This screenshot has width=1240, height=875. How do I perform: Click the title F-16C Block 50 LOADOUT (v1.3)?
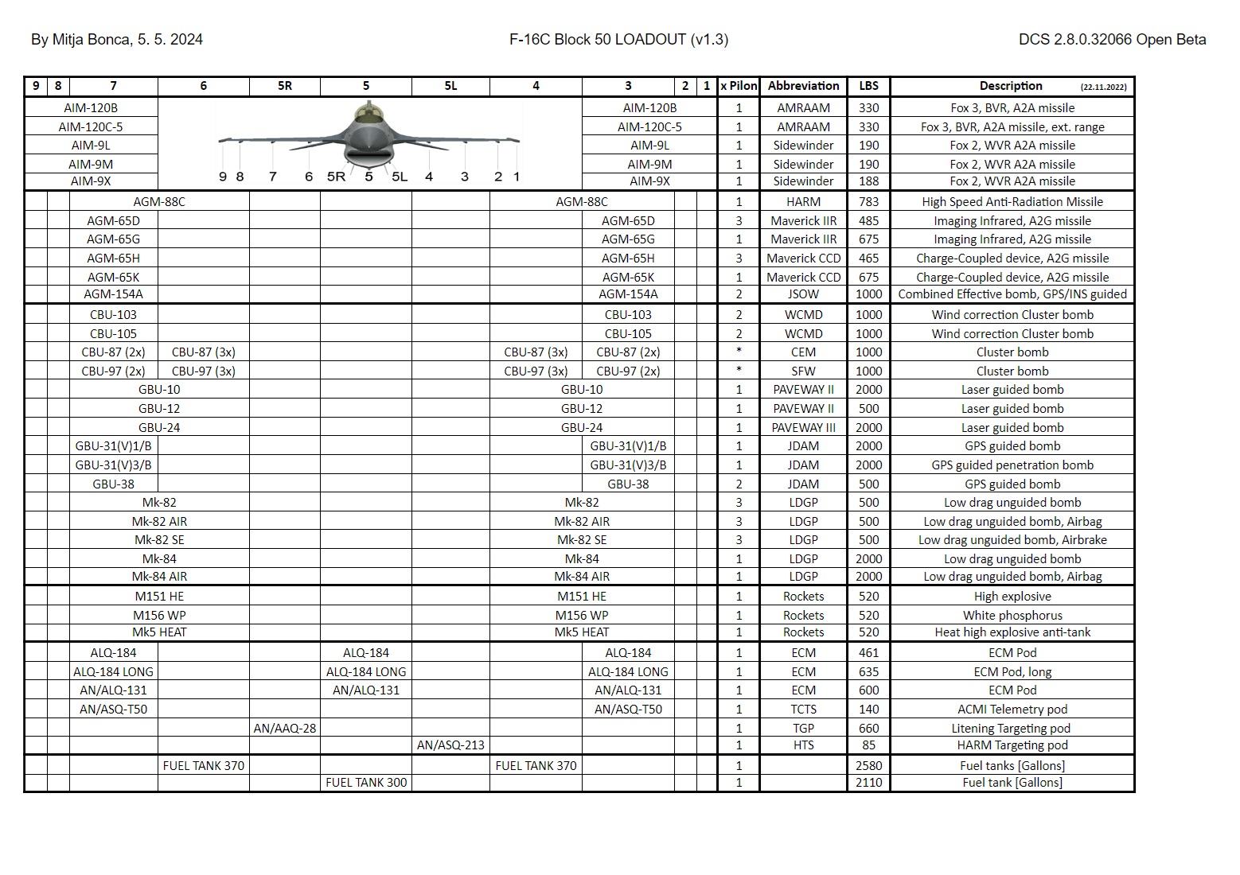(618, 39)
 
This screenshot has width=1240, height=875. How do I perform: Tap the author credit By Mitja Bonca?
(116, 39)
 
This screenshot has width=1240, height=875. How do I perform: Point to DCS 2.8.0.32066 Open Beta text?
(1112, 39)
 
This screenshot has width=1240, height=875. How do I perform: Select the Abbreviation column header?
(803, 86)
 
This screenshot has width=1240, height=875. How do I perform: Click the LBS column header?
(868, 86)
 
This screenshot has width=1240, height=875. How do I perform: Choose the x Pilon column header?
(739, 86)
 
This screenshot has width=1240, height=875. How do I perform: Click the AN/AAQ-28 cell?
(285, 728)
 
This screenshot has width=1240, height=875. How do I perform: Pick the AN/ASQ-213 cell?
(450, 745)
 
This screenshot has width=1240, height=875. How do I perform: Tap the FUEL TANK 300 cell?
(366, 783)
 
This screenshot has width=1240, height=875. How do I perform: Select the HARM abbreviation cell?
(803, 202)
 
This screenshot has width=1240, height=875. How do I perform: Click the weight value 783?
(868, 202)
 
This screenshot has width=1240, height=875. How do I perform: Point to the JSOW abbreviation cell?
(803, 294)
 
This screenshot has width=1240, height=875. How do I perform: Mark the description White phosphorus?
(1012, 615)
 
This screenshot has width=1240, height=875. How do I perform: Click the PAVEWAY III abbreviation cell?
(803, 427)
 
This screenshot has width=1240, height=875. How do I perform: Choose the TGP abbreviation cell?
(803, 728)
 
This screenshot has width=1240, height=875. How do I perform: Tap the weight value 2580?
(868, 765)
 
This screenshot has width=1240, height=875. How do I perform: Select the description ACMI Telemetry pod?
(1012, 709)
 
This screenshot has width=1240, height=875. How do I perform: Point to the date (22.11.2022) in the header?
(1103, 87)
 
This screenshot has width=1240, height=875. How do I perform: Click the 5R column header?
(285, 86)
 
